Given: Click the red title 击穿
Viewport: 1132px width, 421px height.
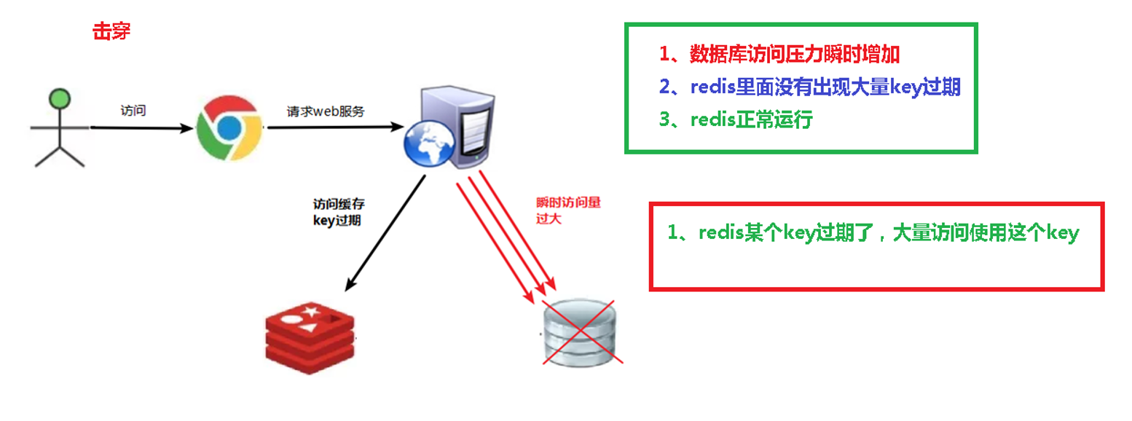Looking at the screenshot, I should click(111, 31).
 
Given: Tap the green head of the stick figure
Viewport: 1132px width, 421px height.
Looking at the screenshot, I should click(58, 99).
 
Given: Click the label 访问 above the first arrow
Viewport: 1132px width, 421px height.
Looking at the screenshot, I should click(133, 111).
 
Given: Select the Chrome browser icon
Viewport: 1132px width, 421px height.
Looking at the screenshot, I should click(229, 127).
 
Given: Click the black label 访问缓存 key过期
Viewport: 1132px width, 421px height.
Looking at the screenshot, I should click(336, 213).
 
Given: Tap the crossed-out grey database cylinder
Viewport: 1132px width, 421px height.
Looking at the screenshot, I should click(579, 334).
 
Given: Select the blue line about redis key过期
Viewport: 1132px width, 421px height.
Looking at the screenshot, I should click(809, 87).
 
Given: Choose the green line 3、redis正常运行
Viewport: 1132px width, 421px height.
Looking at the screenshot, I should click(736, 119).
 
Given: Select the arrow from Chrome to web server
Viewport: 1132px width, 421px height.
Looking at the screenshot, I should click(335, 127).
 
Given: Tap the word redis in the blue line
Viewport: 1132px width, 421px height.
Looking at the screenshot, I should click(712, 87).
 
